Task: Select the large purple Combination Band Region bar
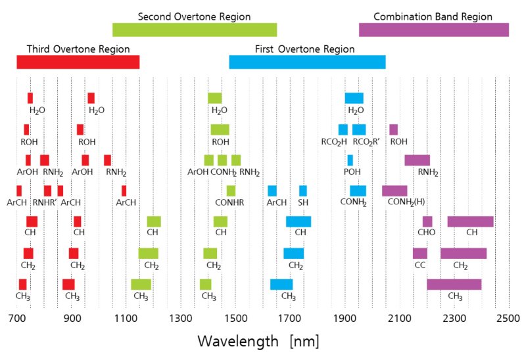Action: coord(434,30)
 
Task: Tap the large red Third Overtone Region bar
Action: coord(78,62)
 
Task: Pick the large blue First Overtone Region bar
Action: coord(307,62)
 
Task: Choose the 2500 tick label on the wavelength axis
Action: coord(508,319)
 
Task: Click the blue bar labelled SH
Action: coord(303,191)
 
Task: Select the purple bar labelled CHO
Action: coord(427,221)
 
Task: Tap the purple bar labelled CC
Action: coord(420,253)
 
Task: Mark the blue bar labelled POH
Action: coord(350,160)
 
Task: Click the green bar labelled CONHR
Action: coord(231,191)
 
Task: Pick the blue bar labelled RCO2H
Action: coord(343,129)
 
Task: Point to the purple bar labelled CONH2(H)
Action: coord(394,191)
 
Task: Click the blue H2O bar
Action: coord(354,98)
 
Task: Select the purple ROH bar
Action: coord(394,129)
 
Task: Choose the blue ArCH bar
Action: coord(272,191)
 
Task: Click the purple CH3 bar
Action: coord(454,284)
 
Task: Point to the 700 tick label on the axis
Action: coord(17,319)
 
